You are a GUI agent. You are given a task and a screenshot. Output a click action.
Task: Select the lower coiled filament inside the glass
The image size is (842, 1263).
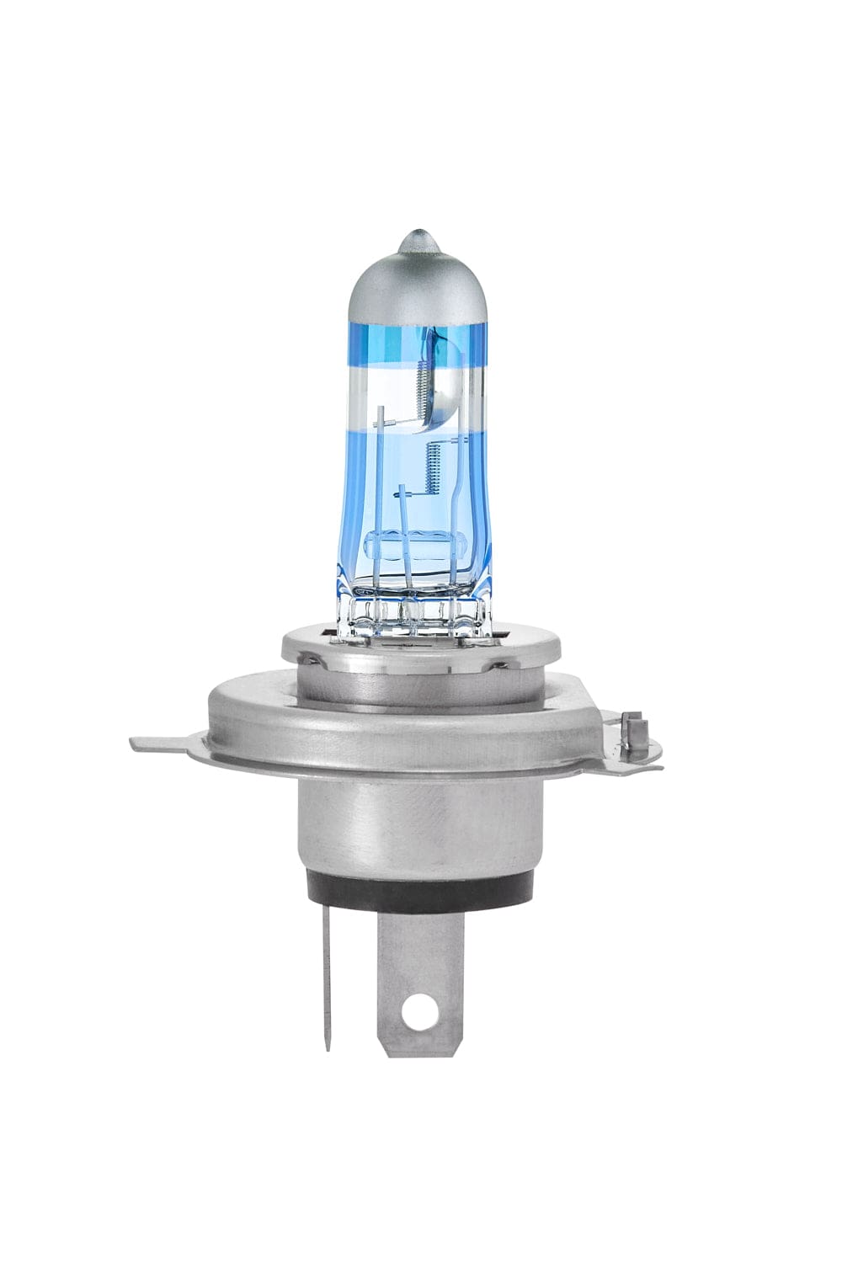click(x=435, y=471)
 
